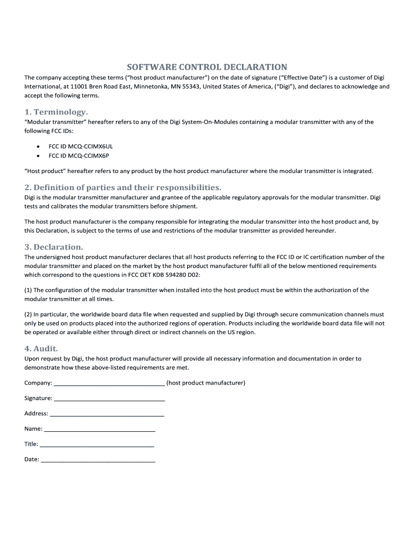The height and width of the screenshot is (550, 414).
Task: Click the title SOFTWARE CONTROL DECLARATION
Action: [x=207, y=67]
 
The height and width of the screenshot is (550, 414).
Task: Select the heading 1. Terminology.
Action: [x=56, y=112]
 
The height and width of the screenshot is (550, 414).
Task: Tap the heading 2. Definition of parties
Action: [x=123, y=187]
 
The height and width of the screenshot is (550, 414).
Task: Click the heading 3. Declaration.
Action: [x=54, y=247]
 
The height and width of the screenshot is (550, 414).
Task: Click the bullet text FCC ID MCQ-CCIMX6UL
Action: [x=81, y=146]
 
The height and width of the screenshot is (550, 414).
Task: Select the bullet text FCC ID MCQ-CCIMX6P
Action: [x=78, y=156]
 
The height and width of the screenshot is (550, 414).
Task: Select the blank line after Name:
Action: [x=100, y=430]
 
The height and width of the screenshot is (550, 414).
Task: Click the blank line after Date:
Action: [x=98, y=461]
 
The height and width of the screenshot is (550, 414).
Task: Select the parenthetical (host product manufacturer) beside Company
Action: [x=206, y=383]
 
